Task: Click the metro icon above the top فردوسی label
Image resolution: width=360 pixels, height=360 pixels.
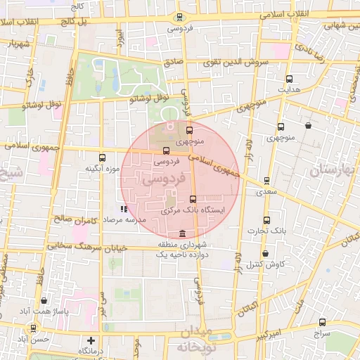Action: pyautogui.click(x=179, y=18)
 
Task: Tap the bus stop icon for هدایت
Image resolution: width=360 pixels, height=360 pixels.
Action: pyautogui.click(x=289, y=79)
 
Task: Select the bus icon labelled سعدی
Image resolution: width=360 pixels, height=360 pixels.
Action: pyautogui.click(x=266, y=181)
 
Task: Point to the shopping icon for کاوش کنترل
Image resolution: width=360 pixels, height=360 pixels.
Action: pyautogui.click(x=265, y=254)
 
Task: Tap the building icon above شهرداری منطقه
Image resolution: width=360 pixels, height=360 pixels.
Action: pyautogui.click(x=183, y=233)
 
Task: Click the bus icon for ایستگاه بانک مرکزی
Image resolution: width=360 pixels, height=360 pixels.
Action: pyautogui.click(x=193, y=200)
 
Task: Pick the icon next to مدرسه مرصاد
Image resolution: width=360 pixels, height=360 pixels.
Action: pyautogui.click(x=124, y=209)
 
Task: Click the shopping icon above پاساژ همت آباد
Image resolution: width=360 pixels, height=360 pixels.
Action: pyautogui.click(x=44, y=300)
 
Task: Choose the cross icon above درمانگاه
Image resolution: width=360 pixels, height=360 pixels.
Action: pyautogui.click(x=90, y=340)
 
